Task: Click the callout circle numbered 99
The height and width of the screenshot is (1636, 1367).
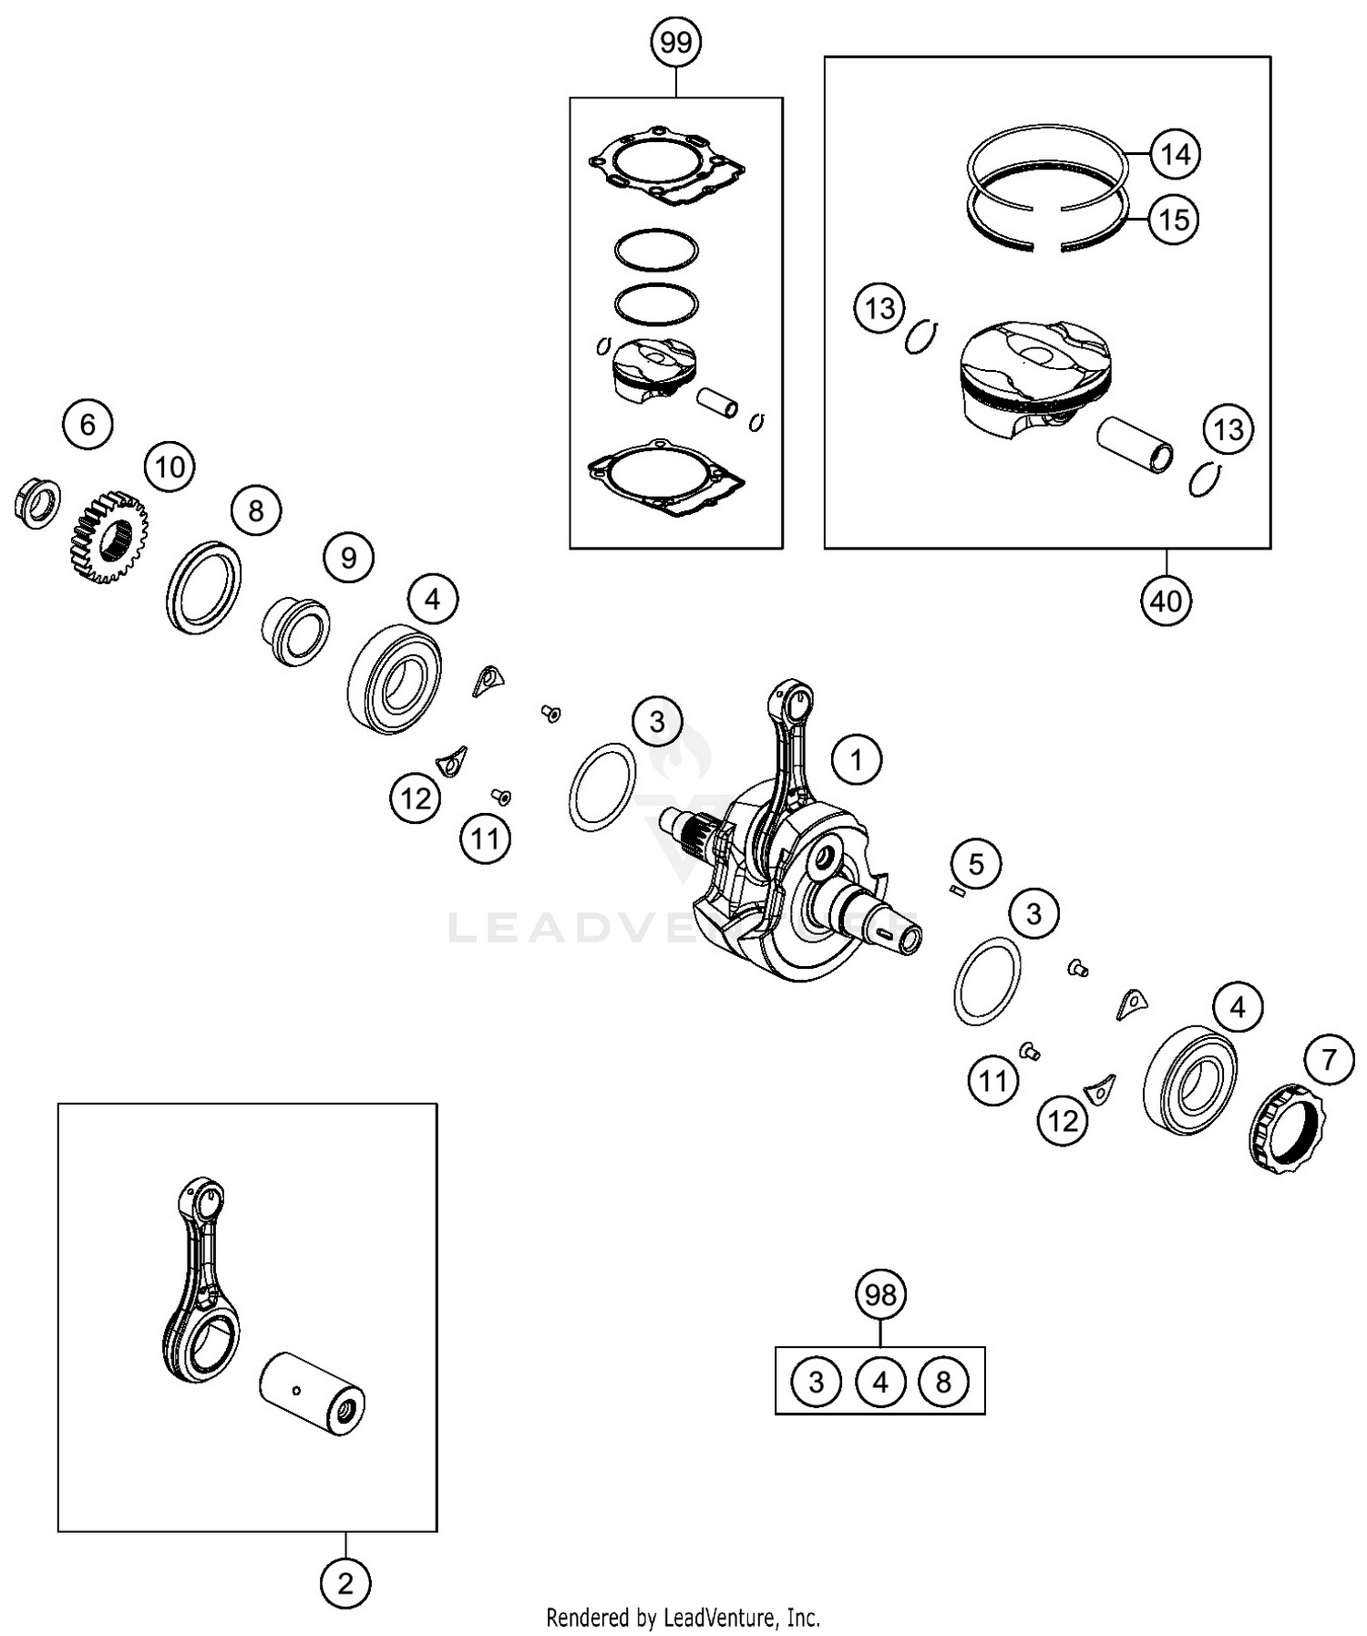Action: click(676, 42)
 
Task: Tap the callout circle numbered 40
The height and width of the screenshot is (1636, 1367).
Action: click(1166, 601)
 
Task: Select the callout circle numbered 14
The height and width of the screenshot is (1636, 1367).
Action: click(1175, 154)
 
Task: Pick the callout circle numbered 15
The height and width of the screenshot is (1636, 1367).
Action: click(1174, 220)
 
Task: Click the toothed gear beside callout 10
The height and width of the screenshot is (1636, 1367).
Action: click(109, 538)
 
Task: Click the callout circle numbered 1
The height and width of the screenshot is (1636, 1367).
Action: click(856, 759)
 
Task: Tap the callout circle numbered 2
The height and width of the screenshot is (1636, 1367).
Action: click(345, 1583)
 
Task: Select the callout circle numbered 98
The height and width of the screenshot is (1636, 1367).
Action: click(880, 1295)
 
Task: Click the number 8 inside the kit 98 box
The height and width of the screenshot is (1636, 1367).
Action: click(943, 1382)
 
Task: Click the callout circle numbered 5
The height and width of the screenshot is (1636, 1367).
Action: click(976, 863)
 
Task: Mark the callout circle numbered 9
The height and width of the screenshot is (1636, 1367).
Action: click(349, 557)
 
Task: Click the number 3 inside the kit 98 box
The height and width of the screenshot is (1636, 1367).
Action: click(816, 1382)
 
